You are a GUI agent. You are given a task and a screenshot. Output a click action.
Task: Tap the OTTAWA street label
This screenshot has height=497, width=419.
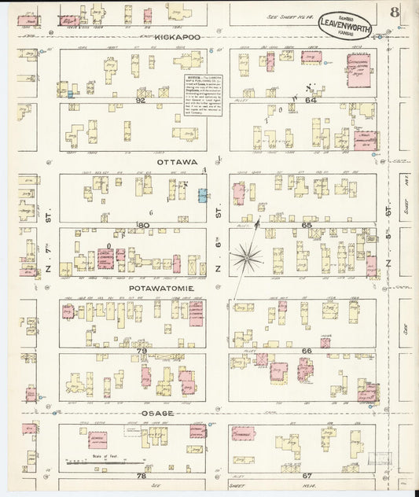(175, 160)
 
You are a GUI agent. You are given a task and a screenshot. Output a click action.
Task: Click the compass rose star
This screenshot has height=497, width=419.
(251, 255)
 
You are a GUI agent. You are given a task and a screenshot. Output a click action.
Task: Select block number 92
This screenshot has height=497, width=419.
(141, 101)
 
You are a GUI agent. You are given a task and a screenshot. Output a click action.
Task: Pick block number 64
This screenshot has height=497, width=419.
(310, 100)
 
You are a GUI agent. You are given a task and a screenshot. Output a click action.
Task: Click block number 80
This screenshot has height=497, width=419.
(142, 225)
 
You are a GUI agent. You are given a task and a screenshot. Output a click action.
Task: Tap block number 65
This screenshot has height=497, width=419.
(307, 225)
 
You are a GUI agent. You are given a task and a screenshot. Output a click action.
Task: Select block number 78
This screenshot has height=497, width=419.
(142, 476)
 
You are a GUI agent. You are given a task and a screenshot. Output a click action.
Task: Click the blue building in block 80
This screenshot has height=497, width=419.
(203, 196)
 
